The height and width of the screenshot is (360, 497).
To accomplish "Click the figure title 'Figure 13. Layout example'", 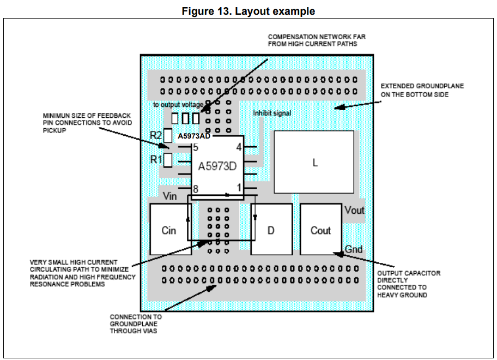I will (x=248, y=11).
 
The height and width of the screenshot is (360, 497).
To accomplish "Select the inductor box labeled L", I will (x=314, y=162).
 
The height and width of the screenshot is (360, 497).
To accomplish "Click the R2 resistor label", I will (x=156, y=136).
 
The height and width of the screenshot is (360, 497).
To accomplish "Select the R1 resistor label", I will (x=156, y=160).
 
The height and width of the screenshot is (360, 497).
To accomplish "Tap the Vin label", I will (x=169, y=196).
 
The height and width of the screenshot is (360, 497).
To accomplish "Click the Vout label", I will (x=354, y=211).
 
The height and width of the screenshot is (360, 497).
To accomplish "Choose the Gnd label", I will (x=354, y=249).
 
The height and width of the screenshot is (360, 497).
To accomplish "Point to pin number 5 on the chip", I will (x=195, y=147).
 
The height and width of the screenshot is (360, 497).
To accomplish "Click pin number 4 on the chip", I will (x=239, y=147).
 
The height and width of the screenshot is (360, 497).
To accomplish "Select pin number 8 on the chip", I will (x=195, y=188).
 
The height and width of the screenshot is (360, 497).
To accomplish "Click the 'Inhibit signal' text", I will (x=272, y=113).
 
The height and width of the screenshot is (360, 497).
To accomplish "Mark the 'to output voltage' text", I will (x=178, y=104).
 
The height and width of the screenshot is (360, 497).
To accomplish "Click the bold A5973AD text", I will (x=194, y=136).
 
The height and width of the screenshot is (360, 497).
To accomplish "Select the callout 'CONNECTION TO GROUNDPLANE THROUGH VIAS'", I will (x=136, y=323).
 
